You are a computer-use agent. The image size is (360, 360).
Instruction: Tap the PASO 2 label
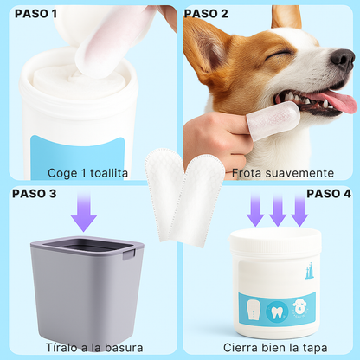click(x=207, y=14)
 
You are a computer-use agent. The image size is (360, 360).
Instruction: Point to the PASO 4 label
click(x=329, y=193)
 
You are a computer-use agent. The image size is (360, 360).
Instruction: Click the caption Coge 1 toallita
click(x=88, y=173)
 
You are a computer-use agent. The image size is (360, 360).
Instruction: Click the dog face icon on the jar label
click(x=300, y=307)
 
